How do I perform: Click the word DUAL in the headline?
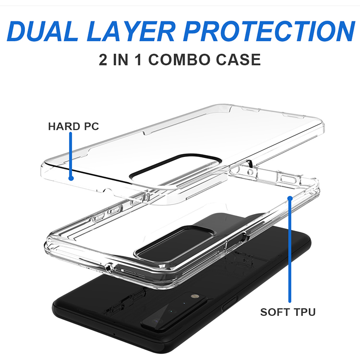point(43,31)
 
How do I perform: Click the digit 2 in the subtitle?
point(103,60)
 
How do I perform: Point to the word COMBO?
point(179,60)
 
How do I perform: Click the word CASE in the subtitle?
point(238,60)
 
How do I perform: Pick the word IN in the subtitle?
point(120,60)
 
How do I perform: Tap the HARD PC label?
point(73,126)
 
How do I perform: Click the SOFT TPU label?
point(288,312)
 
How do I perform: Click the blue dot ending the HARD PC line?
point(71,178)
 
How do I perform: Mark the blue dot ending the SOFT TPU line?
point(290,198)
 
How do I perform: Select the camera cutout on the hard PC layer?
point(176,170)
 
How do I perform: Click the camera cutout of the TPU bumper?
point(176,244)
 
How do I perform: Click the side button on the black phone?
point(229,303)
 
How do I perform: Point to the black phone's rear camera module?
point(175,310)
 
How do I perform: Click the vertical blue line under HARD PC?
point(71,155)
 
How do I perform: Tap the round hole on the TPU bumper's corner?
point(109,267)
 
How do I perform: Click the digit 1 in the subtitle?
point(138,60)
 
